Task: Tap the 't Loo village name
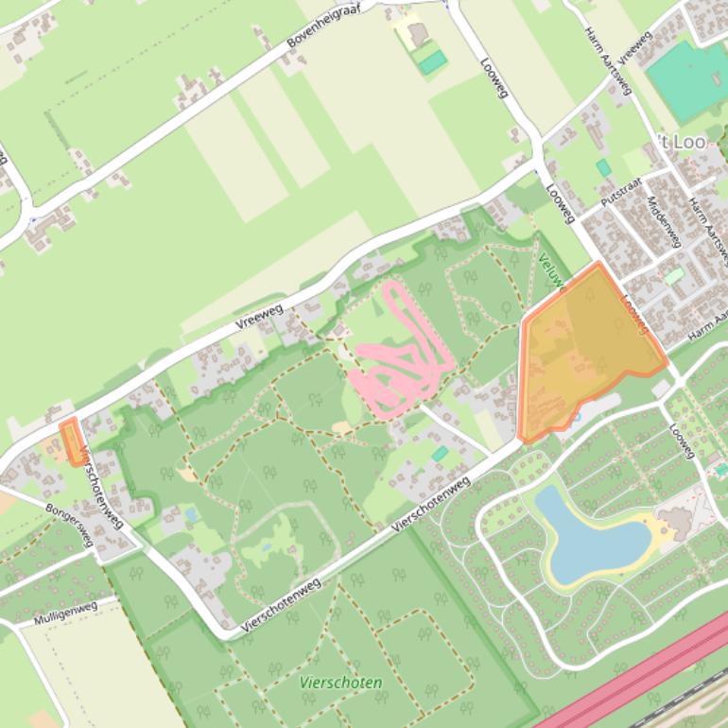click(681, 142)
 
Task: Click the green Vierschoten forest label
click(340, 682)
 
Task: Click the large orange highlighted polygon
click(586, 345)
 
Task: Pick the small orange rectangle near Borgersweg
click(69, 441)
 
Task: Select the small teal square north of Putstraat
click(603, 167)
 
